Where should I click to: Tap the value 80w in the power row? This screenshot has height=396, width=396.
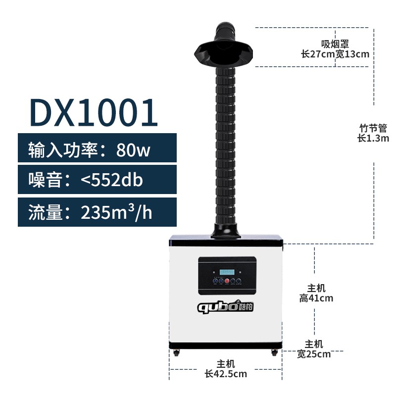(x=133, y=149)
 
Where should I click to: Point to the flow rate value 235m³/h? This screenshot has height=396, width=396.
(x=116, y=212)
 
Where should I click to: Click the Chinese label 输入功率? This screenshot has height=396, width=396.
(x=63, y=149)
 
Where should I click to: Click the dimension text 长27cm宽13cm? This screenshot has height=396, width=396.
(x=335, y=54)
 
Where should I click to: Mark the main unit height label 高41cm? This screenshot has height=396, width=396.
(x=316, y=298)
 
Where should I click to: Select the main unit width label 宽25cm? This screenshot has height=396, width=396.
(x=314, y=354)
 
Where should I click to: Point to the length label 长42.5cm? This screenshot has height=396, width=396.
(x=226, y=374)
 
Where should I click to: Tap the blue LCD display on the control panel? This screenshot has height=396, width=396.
(x=227, y=272)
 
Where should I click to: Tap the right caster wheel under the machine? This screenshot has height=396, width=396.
(x=273, y=353)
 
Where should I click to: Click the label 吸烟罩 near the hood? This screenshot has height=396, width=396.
(x=335, y=44)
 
